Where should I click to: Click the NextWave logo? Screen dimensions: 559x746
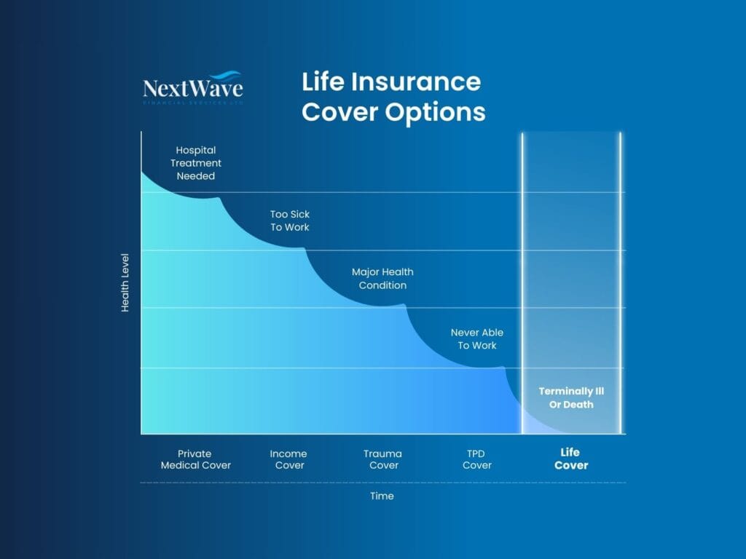[x=193, y=88]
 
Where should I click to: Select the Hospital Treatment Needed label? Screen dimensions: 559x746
[x=196, y=163]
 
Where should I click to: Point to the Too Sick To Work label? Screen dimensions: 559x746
[x=290, y=221]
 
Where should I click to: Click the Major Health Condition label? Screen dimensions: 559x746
[x=382, y=279]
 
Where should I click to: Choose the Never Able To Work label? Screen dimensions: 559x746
[x=477, y=338]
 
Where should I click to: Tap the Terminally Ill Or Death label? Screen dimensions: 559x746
[x=571, y=397]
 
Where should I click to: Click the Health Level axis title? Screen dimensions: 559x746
[x=125, y=282]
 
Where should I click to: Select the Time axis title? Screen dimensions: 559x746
[x=382, y=496]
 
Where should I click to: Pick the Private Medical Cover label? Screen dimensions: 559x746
[x=196, y=459]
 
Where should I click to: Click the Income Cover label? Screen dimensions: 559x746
[x=288, y=459]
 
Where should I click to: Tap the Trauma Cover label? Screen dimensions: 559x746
[x=383, y=459]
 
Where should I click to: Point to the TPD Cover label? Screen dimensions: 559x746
[x=477, y=459]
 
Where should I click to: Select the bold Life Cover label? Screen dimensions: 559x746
[x=571, y=459]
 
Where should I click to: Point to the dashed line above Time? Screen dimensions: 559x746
[x=382, y=483]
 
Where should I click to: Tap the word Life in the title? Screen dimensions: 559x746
[x=323, y=82]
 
